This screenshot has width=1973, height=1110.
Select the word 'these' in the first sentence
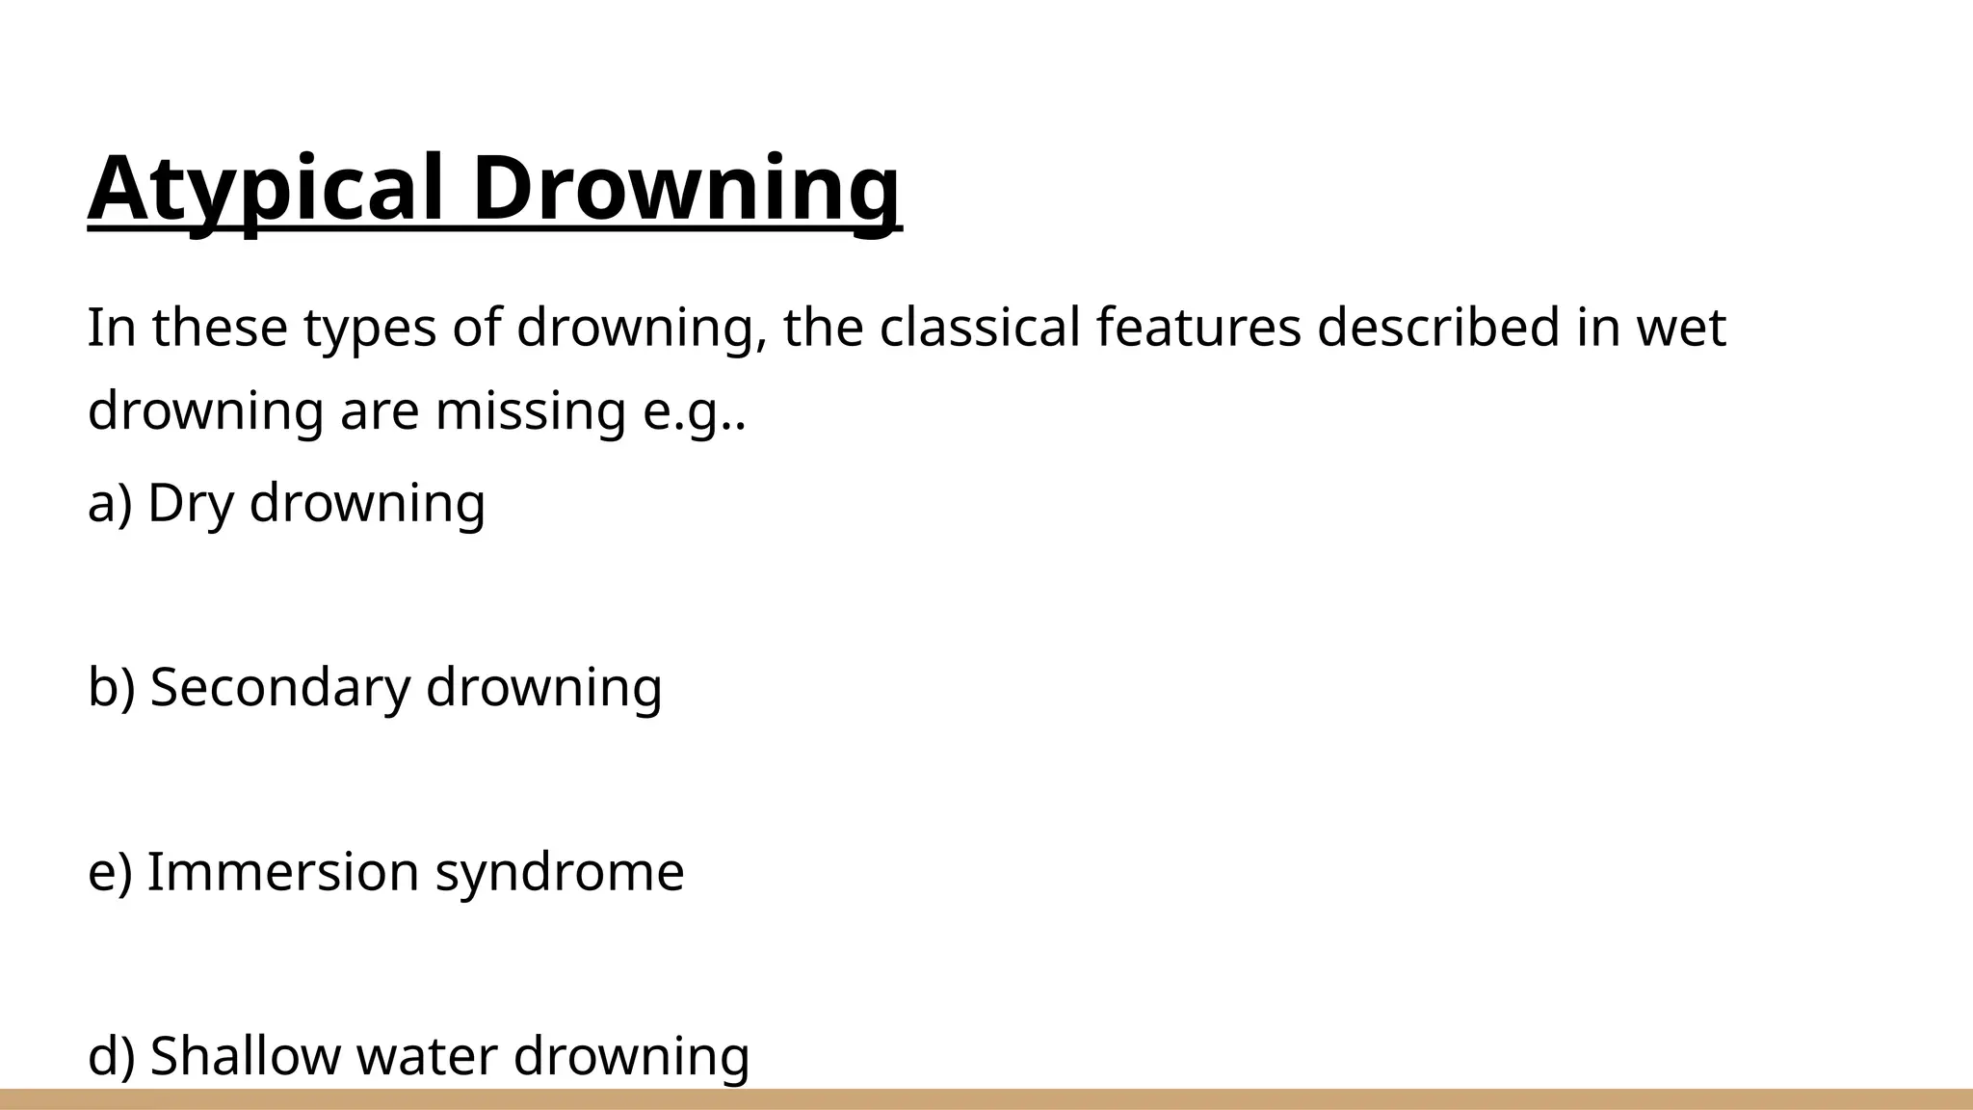point(220,328)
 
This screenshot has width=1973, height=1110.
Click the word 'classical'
point(979,328)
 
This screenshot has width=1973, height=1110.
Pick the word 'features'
point(1198,328)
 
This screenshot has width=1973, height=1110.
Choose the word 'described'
point(1437,328)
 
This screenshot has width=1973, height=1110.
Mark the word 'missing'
point(530,411)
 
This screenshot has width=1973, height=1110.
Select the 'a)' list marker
point(109,503)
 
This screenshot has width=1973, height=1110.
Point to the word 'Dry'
point(190,503)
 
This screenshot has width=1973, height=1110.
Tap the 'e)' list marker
point(109,871)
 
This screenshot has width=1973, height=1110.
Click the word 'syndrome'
point(559,873)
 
